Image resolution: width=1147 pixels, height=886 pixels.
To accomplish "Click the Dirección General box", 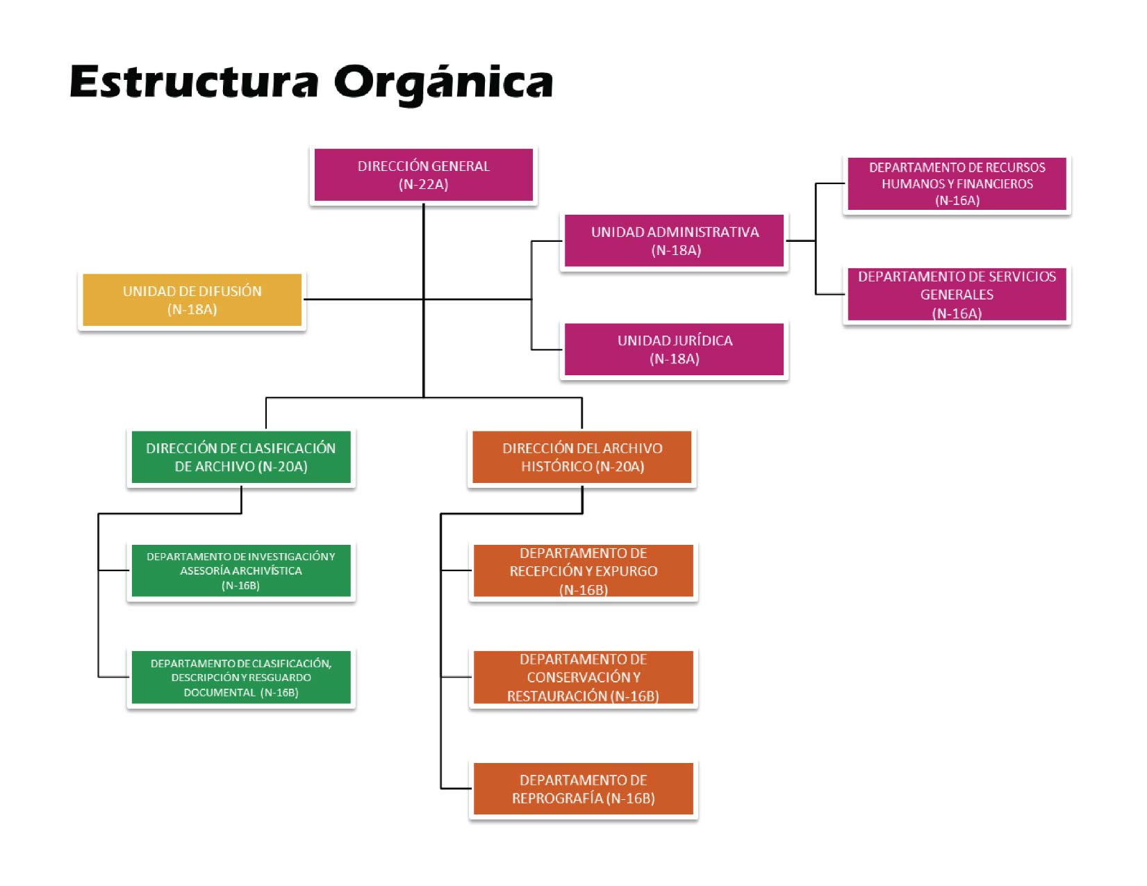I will pos(423,174).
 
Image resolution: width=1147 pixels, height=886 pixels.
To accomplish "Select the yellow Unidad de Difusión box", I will pos(192,300).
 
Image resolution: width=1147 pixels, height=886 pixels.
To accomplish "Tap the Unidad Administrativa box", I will pos(674,240).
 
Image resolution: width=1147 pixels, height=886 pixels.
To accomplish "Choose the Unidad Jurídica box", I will pos(674,349).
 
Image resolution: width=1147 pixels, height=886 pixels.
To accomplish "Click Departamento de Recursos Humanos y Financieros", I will pos(957,183).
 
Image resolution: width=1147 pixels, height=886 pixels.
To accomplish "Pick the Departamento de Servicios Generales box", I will pos(957,294).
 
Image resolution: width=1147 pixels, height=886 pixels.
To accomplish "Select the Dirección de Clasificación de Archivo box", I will pos(240,457).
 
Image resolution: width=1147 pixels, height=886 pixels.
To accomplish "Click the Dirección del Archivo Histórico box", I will pos(582,457).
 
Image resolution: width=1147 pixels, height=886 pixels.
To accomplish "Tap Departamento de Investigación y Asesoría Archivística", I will pos(240,571).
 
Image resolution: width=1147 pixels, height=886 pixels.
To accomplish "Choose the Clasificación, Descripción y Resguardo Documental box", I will pos(240,678).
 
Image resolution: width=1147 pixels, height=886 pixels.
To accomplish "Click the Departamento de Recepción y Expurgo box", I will pos(583,571).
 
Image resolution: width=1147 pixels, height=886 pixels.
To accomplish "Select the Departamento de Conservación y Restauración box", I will pos(583,677).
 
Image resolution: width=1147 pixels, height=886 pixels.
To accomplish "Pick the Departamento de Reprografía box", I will pos(583,789).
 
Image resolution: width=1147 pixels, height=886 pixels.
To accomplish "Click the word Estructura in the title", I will pos(194,82).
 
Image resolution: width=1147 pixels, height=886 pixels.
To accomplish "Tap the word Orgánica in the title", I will pos(443,83).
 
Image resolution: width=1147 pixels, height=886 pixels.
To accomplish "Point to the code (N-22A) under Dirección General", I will pos(423,184).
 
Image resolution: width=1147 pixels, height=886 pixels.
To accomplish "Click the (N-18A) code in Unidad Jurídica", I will pos(674,359).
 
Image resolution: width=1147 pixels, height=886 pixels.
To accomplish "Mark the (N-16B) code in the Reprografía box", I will pos(631,798).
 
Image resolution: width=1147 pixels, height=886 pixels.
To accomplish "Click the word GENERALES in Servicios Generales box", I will pos(957,295).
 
